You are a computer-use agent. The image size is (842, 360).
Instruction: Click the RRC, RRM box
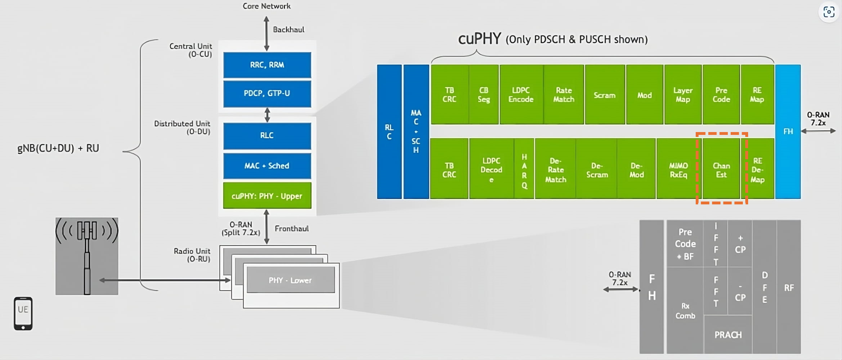(267, 65)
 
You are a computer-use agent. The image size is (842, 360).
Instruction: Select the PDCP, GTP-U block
(267, 93)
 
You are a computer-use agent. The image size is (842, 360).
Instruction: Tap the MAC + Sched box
(267, 166)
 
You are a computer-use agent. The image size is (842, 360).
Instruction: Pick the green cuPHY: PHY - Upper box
(267, 196)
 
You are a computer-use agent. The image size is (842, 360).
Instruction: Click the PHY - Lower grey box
(291, 280)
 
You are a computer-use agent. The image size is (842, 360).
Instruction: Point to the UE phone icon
(23, 313)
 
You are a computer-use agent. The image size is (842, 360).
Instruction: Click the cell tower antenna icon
(87, 256)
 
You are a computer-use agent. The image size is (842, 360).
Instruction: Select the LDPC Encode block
(521, 95)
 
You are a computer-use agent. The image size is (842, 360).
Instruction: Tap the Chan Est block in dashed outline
(721, 170)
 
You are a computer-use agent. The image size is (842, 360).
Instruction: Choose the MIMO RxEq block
(678, 170)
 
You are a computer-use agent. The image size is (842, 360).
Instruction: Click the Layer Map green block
(683, 95)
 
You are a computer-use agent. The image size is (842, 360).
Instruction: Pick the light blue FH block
(788, 131)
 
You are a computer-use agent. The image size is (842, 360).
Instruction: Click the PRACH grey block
(728, 335)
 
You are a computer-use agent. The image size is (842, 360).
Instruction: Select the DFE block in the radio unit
(764, 287)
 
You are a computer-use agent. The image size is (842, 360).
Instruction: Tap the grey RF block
(789, 287)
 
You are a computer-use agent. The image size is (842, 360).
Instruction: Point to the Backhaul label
(289, 30)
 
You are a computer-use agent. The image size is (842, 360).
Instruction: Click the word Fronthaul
(291, 229)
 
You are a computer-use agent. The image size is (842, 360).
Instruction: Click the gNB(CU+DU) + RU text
(58, 148)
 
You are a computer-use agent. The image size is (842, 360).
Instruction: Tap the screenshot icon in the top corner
(829, 12)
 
